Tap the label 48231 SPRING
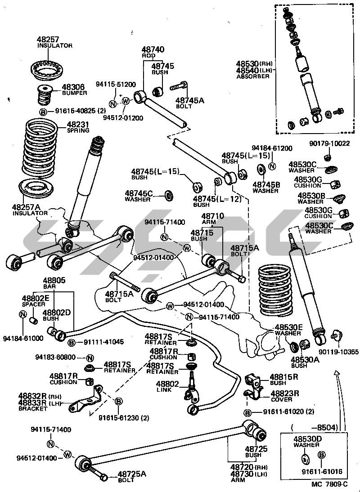tap(78, 127)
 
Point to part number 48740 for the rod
tap(153, 49)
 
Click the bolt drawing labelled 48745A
tap(179, 86)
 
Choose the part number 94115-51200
tap(116, 84)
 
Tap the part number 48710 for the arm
tap(212, 216)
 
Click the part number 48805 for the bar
tap(54, 280)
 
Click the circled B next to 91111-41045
tap(71, 343)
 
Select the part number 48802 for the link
tap(167, 384)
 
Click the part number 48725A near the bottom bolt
tap(132, 474)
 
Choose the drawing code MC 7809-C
tap(329, 484)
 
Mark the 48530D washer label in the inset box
tap(306, 441)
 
